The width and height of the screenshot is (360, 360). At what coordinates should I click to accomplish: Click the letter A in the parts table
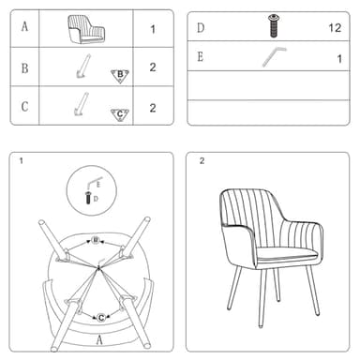click(x=24, y=26)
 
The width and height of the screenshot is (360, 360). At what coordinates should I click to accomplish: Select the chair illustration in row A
click(x=86, y=30)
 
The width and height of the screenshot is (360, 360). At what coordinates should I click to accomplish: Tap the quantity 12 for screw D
click(x=335, y=28)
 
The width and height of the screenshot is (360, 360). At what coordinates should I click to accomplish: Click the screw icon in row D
click(x=274, y=26)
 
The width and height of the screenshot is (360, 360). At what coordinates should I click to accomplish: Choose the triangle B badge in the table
click(x=120, y=75)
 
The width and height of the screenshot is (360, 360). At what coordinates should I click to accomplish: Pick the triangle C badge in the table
click(x=120, y=115)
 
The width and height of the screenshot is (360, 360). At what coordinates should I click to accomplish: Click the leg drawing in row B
click(x=83, y=67)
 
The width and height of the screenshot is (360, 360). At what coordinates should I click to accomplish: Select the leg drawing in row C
click(x=82, y=104)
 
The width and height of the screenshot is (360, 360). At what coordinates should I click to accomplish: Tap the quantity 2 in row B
click(x=153, y=67)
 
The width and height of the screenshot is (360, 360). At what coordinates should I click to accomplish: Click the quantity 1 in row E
click(x=339, y=59)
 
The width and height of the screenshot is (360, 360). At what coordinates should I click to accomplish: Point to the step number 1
click(x=22, y=161)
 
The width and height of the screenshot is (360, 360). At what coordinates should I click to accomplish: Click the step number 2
click(x=202, y=161)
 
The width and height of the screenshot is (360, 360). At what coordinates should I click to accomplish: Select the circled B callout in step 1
click(x=96, y=240)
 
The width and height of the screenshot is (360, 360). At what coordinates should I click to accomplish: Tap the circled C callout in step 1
click(x=101, y=318)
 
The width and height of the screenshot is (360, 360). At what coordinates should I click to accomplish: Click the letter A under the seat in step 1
click(x=99, y=340)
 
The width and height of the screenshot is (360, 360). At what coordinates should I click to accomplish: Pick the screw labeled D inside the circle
click(x=88, y=198)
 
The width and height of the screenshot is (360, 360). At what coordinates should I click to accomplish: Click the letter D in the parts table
click(x=201, y=28)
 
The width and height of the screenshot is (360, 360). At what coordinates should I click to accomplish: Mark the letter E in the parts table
click(x=201, y=57)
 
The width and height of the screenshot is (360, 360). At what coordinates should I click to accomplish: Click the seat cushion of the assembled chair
click(x=286, y=253)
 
